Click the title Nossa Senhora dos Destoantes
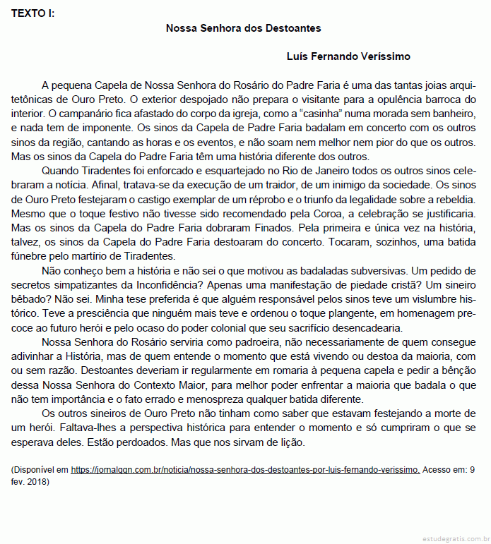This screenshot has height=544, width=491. pyautogui.click(x=243, y=28)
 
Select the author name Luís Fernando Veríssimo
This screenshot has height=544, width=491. pyautogui.click(x=348, y=56)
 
